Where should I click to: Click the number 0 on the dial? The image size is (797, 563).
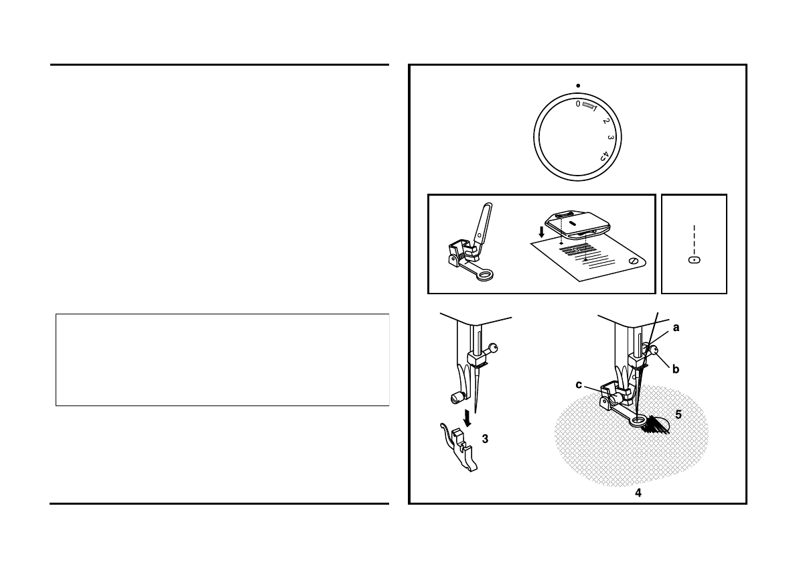pyautogui.click(x=578, y=104)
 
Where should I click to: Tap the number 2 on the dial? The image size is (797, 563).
pyautogui.click(x=605, y=121)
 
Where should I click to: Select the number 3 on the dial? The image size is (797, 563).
pyautogui.click(x=610, y=137)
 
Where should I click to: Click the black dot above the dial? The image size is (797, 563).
pyautogui.click(x=577, y=85)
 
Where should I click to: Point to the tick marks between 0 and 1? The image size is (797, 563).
pyautogui.click(x=587, y=106)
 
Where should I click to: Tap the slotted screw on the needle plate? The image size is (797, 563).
pyautogui.click(x=632, y=259)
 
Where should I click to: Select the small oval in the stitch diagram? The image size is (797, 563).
pyautogui.click(x=695, y=259)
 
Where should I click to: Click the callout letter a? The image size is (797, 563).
pyautogui.click(x=676, y=328)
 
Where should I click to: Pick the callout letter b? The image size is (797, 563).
pyautogui.click(x=676, y=368)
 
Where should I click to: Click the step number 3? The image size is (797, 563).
pyautogui.click(x=484, y=439)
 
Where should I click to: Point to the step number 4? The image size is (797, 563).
pyautogui.click(x=638, y=493)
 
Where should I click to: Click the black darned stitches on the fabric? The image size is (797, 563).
pyautogui.click(x=652, y=424)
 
